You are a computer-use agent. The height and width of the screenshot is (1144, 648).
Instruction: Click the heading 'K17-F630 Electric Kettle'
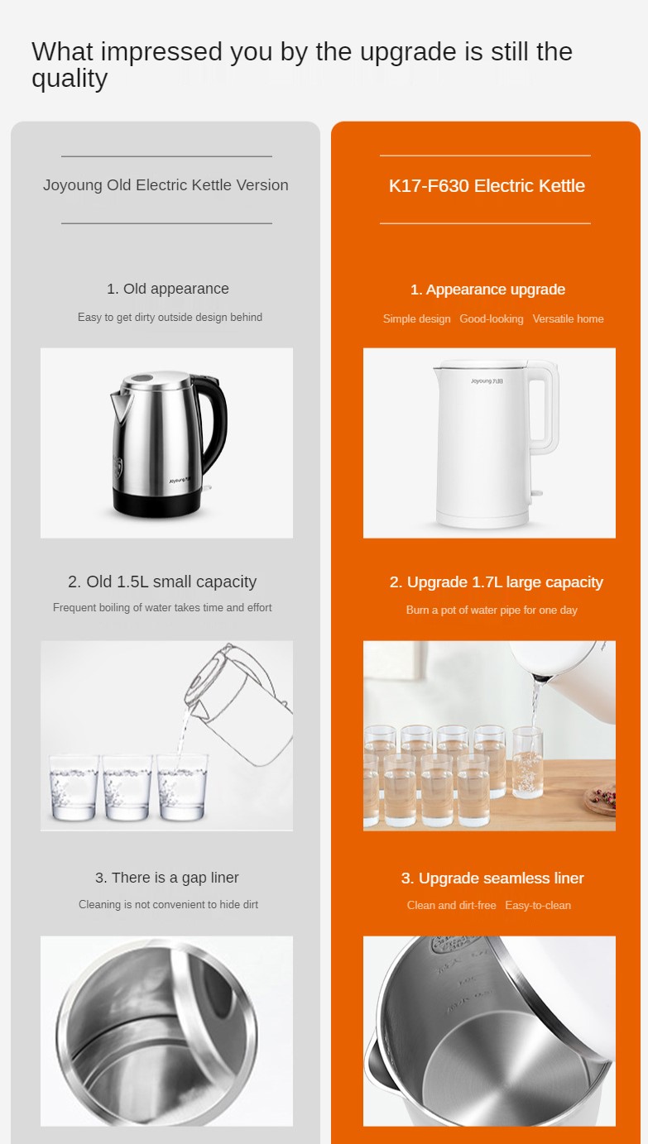point(487,186)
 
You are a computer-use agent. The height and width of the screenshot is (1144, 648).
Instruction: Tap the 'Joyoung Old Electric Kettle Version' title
point(166,185)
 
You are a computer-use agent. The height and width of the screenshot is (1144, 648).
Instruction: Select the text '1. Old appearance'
point(168,289)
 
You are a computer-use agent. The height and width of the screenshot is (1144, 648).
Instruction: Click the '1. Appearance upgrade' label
point(487,290)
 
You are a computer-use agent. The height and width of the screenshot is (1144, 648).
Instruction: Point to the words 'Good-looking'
point(491,318)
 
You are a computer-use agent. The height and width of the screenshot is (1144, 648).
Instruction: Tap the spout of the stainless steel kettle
point(121,406)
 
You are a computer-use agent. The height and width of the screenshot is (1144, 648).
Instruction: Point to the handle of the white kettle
point(543,409)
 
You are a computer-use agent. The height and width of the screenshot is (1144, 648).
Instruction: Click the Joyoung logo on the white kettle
point(487,381)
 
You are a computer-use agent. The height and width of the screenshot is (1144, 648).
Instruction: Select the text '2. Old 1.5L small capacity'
point(162,582)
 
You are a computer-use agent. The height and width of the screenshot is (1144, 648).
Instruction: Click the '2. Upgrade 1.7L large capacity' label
point(497,582)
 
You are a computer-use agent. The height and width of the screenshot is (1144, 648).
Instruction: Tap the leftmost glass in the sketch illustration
point(74,787)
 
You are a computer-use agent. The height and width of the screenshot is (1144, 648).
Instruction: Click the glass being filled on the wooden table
point(527,762)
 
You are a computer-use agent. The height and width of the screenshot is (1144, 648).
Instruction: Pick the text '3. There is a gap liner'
point(166,878)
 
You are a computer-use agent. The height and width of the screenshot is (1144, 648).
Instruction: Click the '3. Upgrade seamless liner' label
point(492,878)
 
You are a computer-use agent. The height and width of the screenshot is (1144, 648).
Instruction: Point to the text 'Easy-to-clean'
point(538,905)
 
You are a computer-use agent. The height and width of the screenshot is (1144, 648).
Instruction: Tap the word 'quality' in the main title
point(70,79)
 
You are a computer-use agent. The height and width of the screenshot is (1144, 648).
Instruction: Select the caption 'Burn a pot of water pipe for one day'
point(492,610)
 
